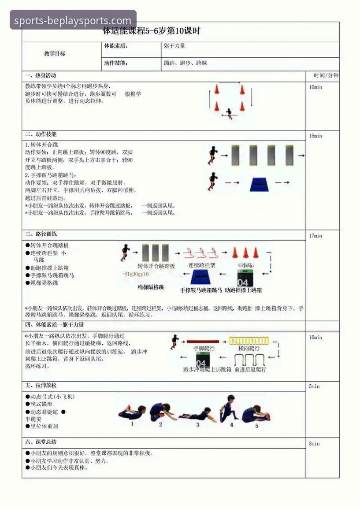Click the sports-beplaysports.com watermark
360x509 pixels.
[73, 20]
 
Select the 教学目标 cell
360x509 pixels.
[55, 54]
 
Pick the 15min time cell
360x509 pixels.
[315, 136]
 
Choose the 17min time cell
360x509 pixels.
[315, 236]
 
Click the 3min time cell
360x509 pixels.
[314, 443]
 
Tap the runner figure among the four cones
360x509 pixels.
[229, 113]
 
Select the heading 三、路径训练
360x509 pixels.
[41, 234]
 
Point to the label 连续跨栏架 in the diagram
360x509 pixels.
[202, 265]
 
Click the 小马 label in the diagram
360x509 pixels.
[245, 265]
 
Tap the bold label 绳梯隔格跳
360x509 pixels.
[151, 287]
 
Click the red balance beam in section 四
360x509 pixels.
[203, 341]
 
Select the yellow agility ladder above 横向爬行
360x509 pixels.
[249, 340]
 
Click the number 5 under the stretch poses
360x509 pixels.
[256, 426]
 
